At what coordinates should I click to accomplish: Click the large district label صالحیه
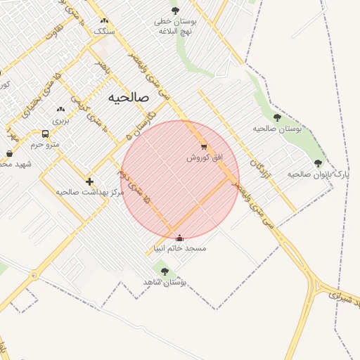point(129,98)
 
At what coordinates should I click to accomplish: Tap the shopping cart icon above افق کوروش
point(204,147)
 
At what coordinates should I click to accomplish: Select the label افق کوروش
point(204,157)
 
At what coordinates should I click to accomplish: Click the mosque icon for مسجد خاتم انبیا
point(179,238)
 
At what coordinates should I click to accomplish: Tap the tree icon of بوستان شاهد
point(165,271)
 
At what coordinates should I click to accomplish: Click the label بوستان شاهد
point(167,281)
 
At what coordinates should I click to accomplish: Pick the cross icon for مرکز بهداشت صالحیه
point(89,181)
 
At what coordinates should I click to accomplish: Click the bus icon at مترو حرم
point(45,134)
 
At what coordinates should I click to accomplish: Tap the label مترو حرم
point(45,144)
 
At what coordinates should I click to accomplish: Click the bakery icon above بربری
point(60,110)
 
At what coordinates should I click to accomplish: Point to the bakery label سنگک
point(104,31)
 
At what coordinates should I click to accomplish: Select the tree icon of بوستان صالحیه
point(277,118)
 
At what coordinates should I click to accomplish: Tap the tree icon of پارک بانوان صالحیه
point(318,163)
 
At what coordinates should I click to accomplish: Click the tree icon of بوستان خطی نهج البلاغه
point(175,11)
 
